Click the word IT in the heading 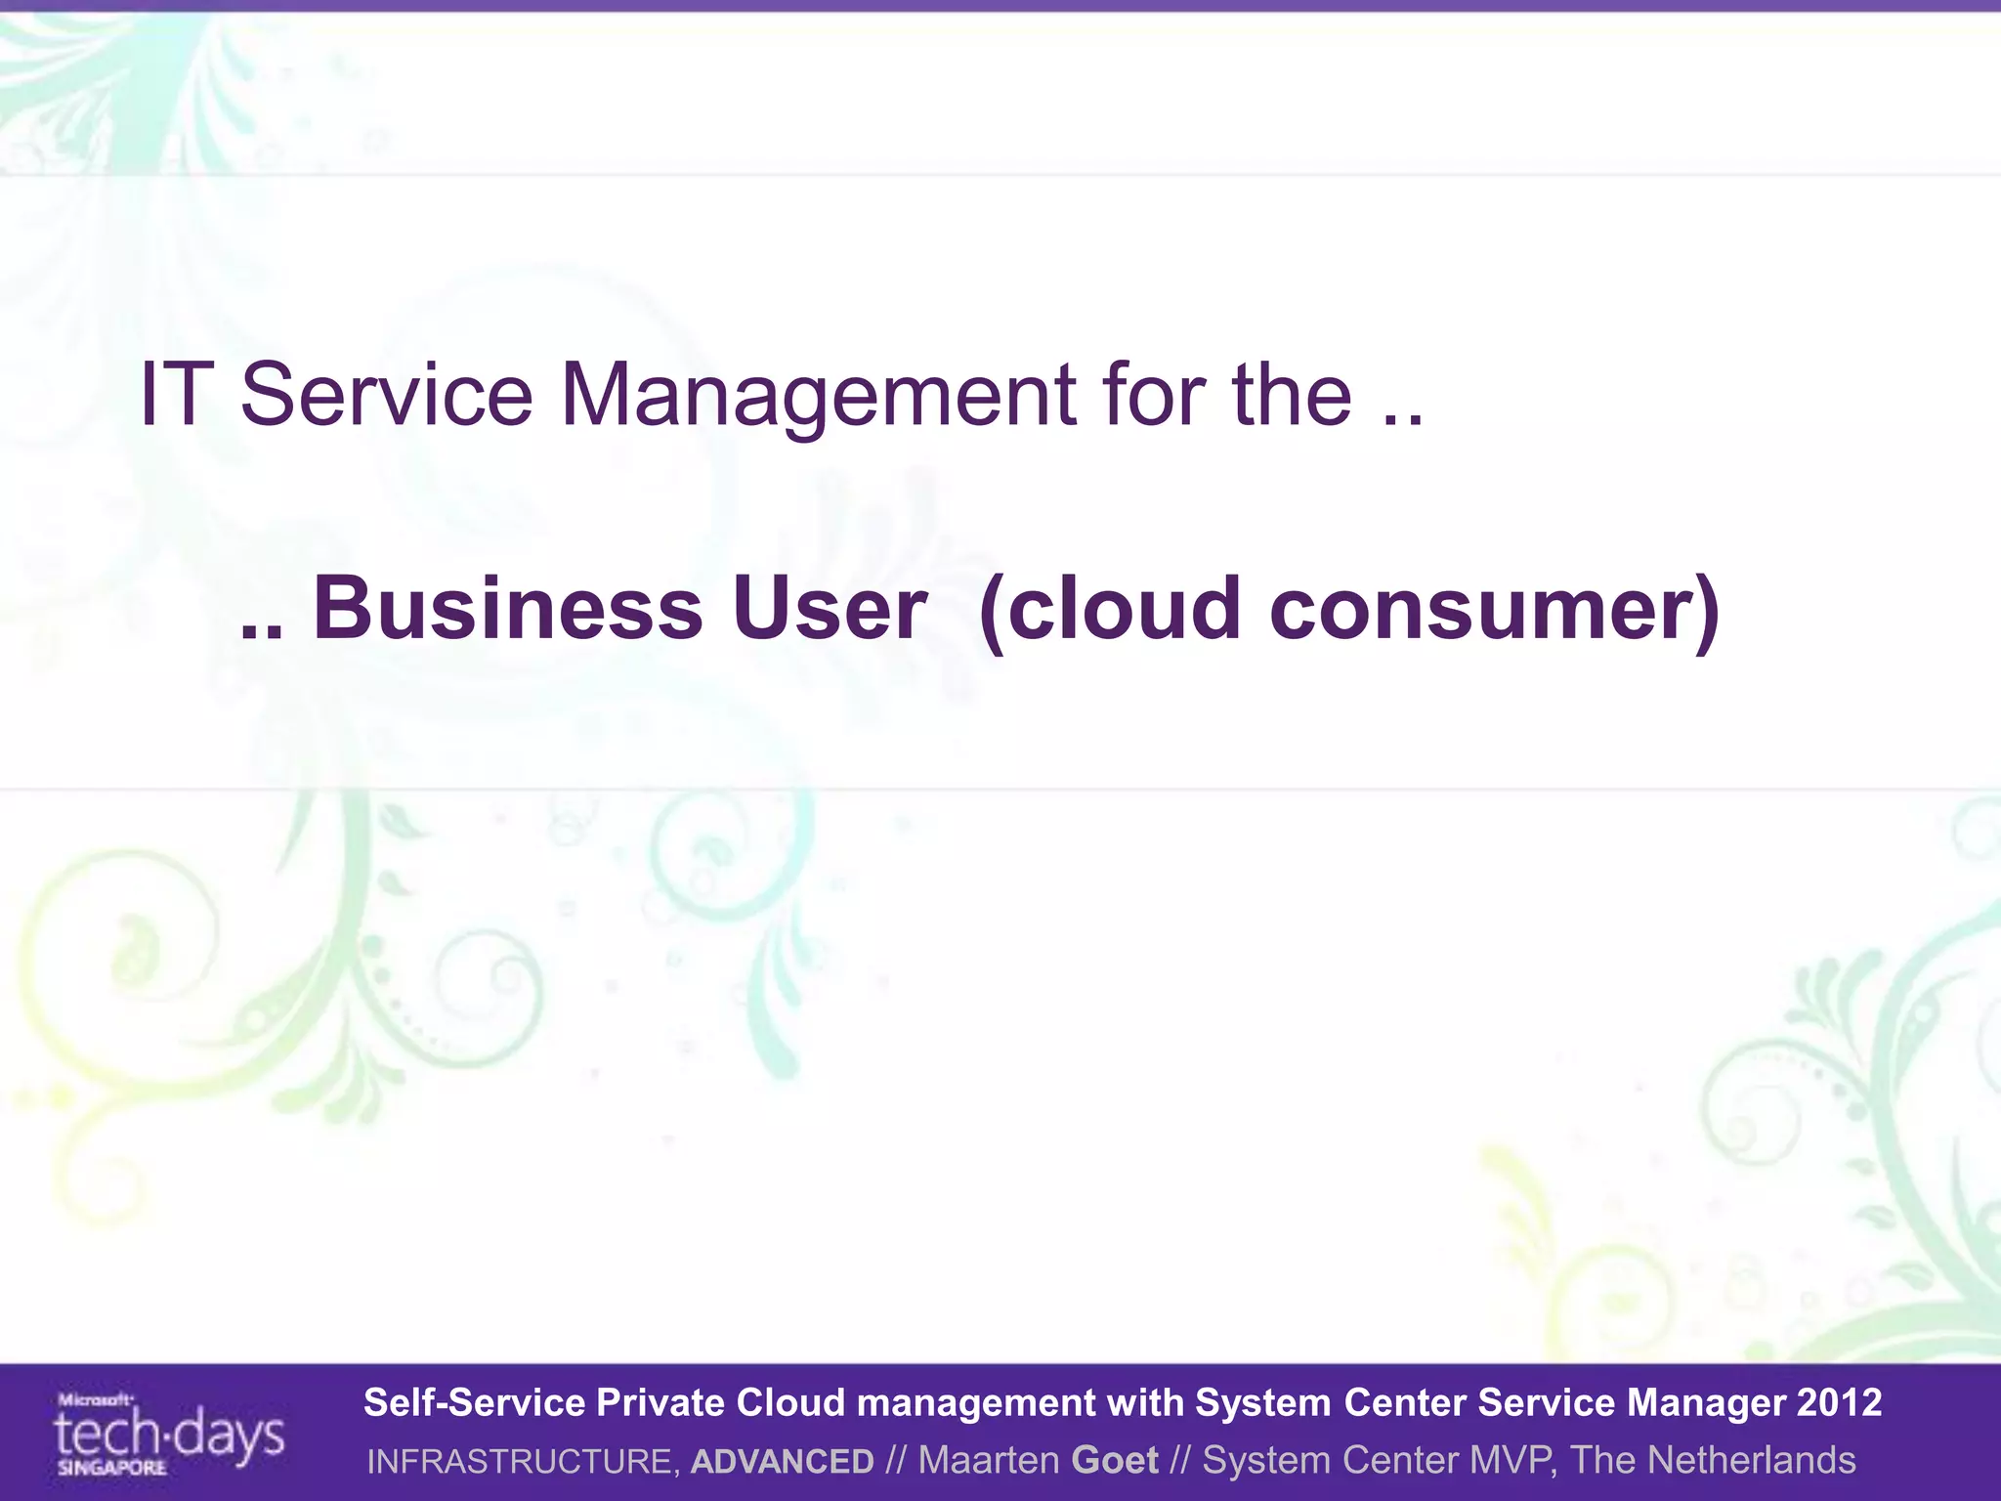click(x=177, y=394)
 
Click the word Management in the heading click(x=818, y=396)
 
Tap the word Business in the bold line click(x=507, y=609)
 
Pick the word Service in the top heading click(x=386, y=394)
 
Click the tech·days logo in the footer click(x=169, y=1435)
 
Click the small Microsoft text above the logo click(x=95, y=1399)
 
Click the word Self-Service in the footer click(x=473, y=1402)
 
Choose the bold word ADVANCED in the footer click(x=782, y=1461)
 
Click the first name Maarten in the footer click(x=988, y=1460)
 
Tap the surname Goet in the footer click(x=1114, y=1460)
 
